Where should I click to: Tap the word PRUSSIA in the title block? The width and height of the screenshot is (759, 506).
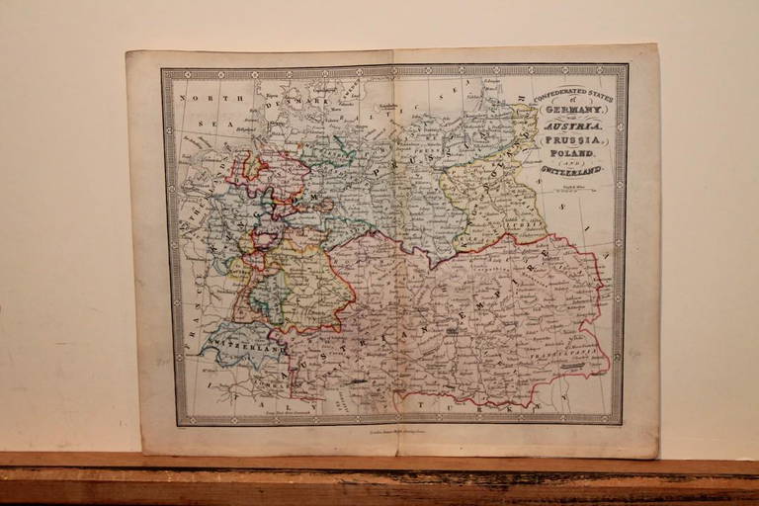[574, 141]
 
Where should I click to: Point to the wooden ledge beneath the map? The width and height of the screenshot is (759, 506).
[379, 479]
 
